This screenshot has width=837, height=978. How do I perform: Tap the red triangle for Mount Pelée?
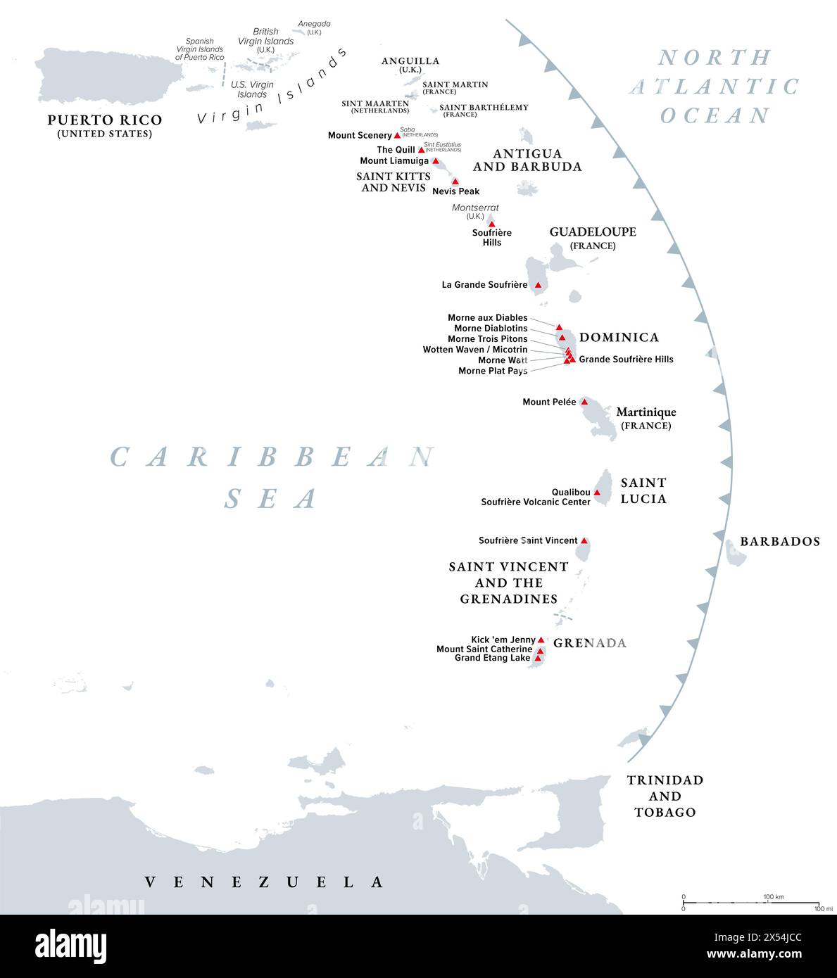click(x=584, y=402)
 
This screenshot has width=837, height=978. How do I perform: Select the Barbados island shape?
click(x=736, y=552)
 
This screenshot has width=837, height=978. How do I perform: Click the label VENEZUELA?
click(x=264, y=882)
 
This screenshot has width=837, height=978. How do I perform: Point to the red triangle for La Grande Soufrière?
click(x=538, y=285)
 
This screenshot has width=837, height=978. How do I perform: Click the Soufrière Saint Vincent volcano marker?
click(x=584, y=540)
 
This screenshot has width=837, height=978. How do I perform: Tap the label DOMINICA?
click(x=619, y=338)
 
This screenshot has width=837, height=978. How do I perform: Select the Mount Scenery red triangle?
click(x=397, y=135)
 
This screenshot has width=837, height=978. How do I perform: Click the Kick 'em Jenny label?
click(x=503, y=640)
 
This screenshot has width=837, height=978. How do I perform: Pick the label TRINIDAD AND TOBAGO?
click(x=665, y=796)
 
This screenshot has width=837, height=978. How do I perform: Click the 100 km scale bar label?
click(x=773, y=896)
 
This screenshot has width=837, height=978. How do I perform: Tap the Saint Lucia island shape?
click(x=603, y=484)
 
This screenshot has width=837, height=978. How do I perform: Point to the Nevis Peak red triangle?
click(x=455, y=182)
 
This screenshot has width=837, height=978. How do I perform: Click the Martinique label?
click(x=646, y=412)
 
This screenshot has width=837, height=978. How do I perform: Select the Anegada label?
click(x=314, y=24)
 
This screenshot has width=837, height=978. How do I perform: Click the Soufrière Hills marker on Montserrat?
click(x=491, y=224)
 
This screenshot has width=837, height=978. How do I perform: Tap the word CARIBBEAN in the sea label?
click(x=272, y=457)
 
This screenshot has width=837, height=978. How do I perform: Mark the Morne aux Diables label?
click(x=487, y=318)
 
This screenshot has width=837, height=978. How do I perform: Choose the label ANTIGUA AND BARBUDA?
click(x=527, y=160)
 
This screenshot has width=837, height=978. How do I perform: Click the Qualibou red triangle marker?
click(x=597, y=493)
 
